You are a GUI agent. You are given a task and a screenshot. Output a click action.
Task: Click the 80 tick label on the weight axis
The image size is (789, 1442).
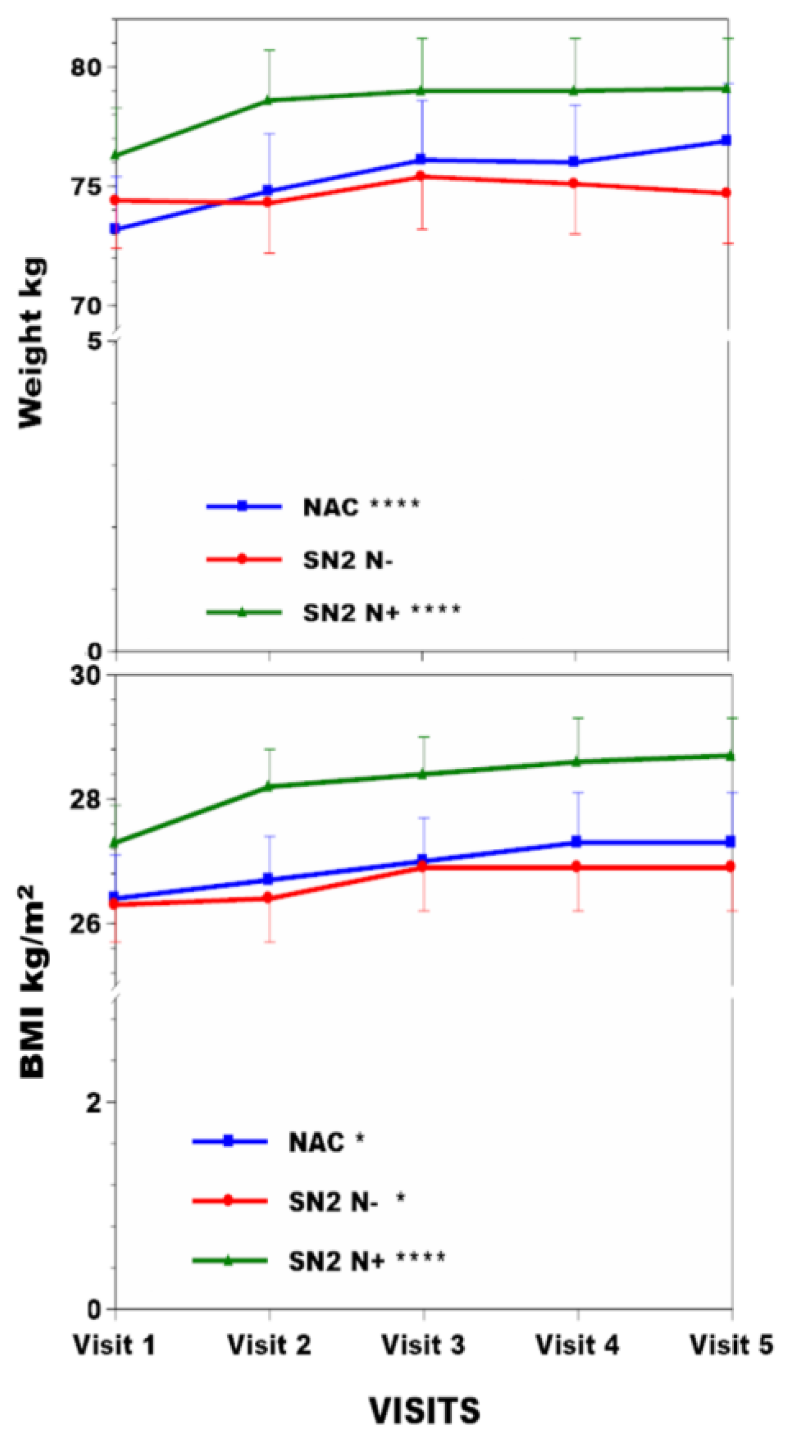(85, 68)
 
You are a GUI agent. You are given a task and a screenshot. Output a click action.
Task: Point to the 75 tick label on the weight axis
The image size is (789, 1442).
(85, 187)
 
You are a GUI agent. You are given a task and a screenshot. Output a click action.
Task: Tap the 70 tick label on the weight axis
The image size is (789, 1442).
(85, 306)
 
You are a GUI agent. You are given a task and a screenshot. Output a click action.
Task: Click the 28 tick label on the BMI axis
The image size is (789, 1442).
(85, 799)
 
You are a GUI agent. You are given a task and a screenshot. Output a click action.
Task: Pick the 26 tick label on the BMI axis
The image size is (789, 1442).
(85, 923)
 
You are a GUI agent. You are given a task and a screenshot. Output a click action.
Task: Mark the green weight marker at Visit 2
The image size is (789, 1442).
(268, 101)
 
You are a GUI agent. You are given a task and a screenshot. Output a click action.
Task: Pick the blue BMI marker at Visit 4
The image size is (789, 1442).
(577, 842)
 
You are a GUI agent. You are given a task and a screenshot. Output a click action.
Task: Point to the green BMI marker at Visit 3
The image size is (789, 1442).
(422, 774)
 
